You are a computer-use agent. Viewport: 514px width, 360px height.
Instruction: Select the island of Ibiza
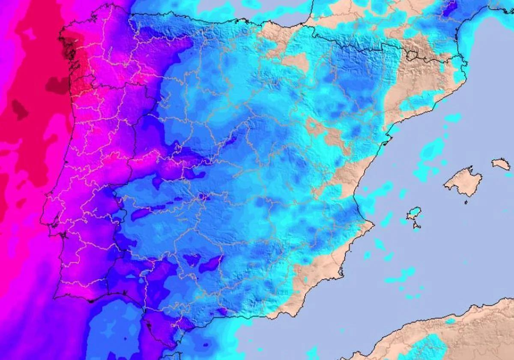[x=414, y=213]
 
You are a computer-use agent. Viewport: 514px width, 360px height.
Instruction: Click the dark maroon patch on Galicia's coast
[x=68, y=51]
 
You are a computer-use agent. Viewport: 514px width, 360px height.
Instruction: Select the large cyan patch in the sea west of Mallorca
[x=430, y=150]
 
